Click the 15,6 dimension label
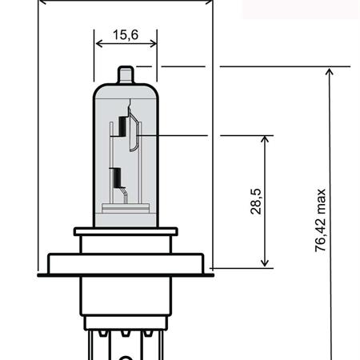[x=126, y=34]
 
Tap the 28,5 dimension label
[x=256, y=202]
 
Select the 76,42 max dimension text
[x=320, y=220]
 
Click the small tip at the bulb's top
[x=126, y=75]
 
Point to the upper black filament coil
[x=122, y=126]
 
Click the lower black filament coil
[x=117, y=178]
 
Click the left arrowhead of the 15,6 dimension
[x=98, y=43]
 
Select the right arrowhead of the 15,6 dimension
[x=154, y=43]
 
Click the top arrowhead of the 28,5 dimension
[x=265, y=139]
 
